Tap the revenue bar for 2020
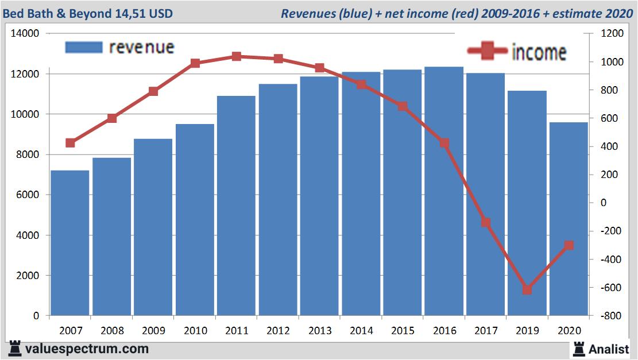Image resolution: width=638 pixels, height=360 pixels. pos(569,219)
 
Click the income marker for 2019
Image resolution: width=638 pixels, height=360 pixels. pos(527,290)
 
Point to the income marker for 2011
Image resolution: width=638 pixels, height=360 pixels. pos(237,56)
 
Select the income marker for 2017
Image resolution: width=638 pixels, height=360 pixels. pos(486,222)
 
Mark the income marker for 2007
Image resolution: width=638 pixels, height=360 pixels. pos(70,143)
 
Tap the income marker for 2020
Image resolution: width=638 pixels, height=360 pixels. pos(569,245)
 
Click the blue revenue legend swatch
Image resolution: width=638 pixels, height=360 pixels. pos(84,47)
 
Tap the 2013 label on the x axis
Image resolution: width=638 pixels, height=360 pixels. pos(320,331)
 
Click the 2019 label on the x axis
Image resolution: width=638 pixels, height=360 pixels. pos(527,331)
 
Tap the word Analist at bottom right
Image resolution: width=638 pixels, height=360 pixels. pos(609,349)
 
